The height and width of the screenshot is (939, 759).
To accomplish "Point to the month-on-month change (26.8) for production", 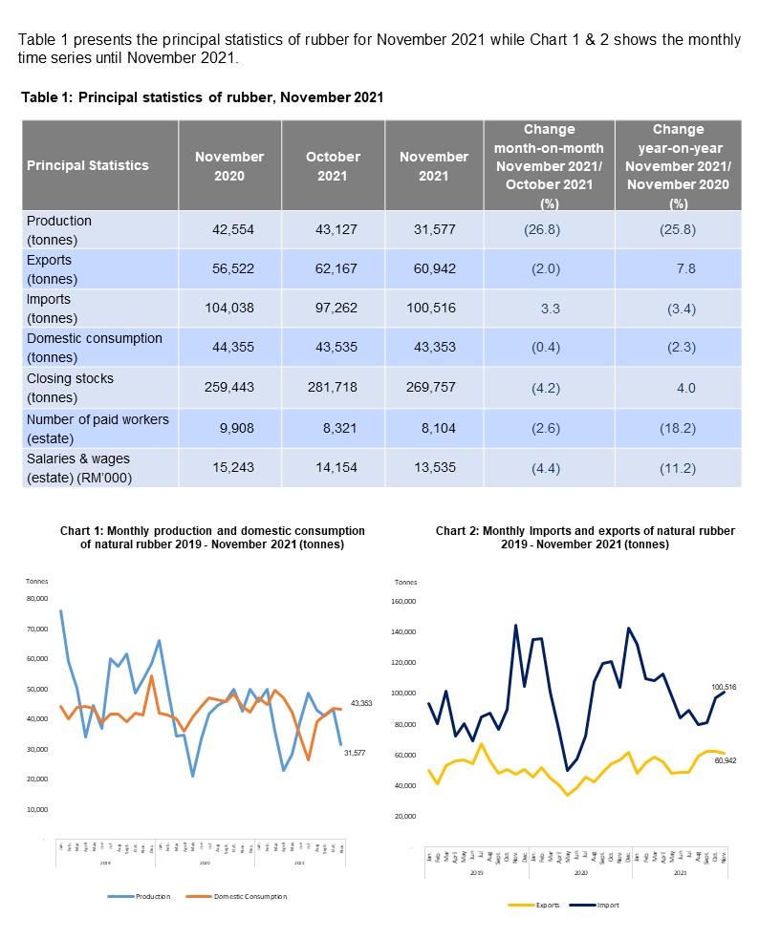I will click(549, 229).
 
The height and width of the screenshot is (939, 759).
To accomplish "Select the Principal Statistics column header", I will click(88, 165).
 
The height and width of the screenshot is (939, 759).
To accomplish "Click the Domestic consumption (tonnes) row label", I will click(95, 348).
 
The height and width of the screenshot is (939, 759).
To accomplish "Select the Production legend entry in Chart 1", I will click(149, 896).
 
